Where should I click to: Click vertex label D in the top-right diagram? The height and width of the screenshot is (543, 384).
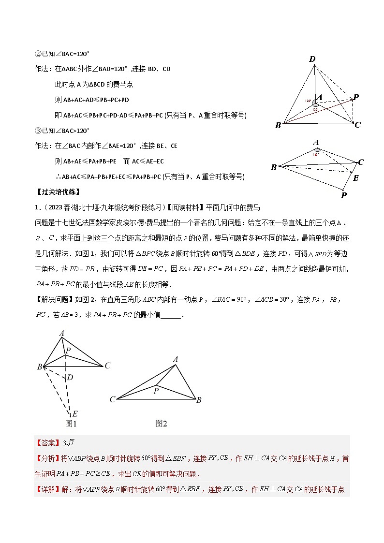pyautogui.click(x=312, y=59)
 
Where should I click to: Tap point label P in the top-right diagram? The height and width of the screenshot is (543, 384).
pyautogui.click(x=356, y=97)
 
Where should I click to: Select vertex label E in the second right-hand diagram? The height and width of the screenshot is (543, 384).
pyautogui.click(x=356, y=177)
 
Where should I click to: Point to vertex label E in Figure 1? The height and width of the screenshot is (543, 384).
pyautogui.click(x=74, y=414)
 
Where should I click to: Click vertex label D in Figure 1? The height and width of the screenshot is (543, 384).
pyautogui.click(x=70, y=377)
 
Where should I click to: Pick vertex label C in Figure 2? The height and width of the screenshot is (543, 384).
pyautogui.click(x=112, y=399)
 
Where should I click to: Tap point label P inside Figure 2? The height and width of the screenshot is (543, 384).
pyautogui.click(x=156, y=391)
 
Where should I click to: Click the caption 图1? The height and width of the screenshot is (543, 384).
pyautogui.click(x=71, y=424)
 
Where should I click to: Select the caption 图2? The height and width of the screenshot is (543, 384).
pyautogui.click(x=161, y=424)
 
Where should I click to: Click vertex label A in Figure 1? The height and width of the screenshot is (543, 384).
pyautogui.click(x=62, y=333)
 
